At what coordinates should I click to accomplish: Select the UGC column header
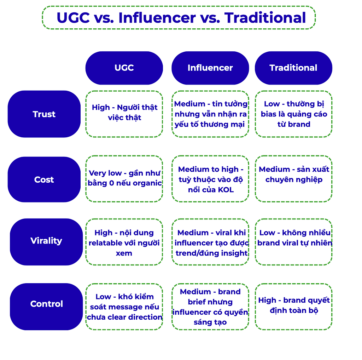coord(124,68)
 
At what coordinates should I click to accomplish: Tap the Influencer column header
coord(210,68)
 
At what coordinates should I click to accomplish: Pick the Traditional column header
coord(293,68)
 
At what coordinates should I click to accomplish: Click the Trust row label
coord(44,114)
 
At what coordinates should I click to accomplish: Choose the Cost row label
coord(44,179)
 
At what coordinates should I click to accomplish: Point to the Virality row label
coord(46,241)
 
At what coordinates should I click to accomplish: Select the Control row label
coord(46,304)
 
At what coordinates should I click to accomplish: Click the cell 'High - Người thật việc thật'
coord(124,113)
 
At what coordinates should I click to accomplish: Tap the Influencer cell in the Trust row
coord(210,114)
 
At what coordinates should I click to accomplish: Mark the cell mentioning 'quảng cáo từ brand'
coord(293,114)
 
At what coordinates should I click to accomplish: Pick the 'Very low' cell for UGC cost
coord(124,178)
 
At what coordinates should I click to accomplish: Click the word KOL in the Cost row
coord(226,189)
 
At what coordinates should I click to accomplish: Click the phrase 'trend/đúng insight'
coord(211,253)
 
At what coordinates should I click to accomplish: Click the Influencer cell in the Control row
coord(210,307)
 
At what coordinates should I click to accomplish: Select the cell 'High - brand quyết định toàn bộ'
coord(293,305)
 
